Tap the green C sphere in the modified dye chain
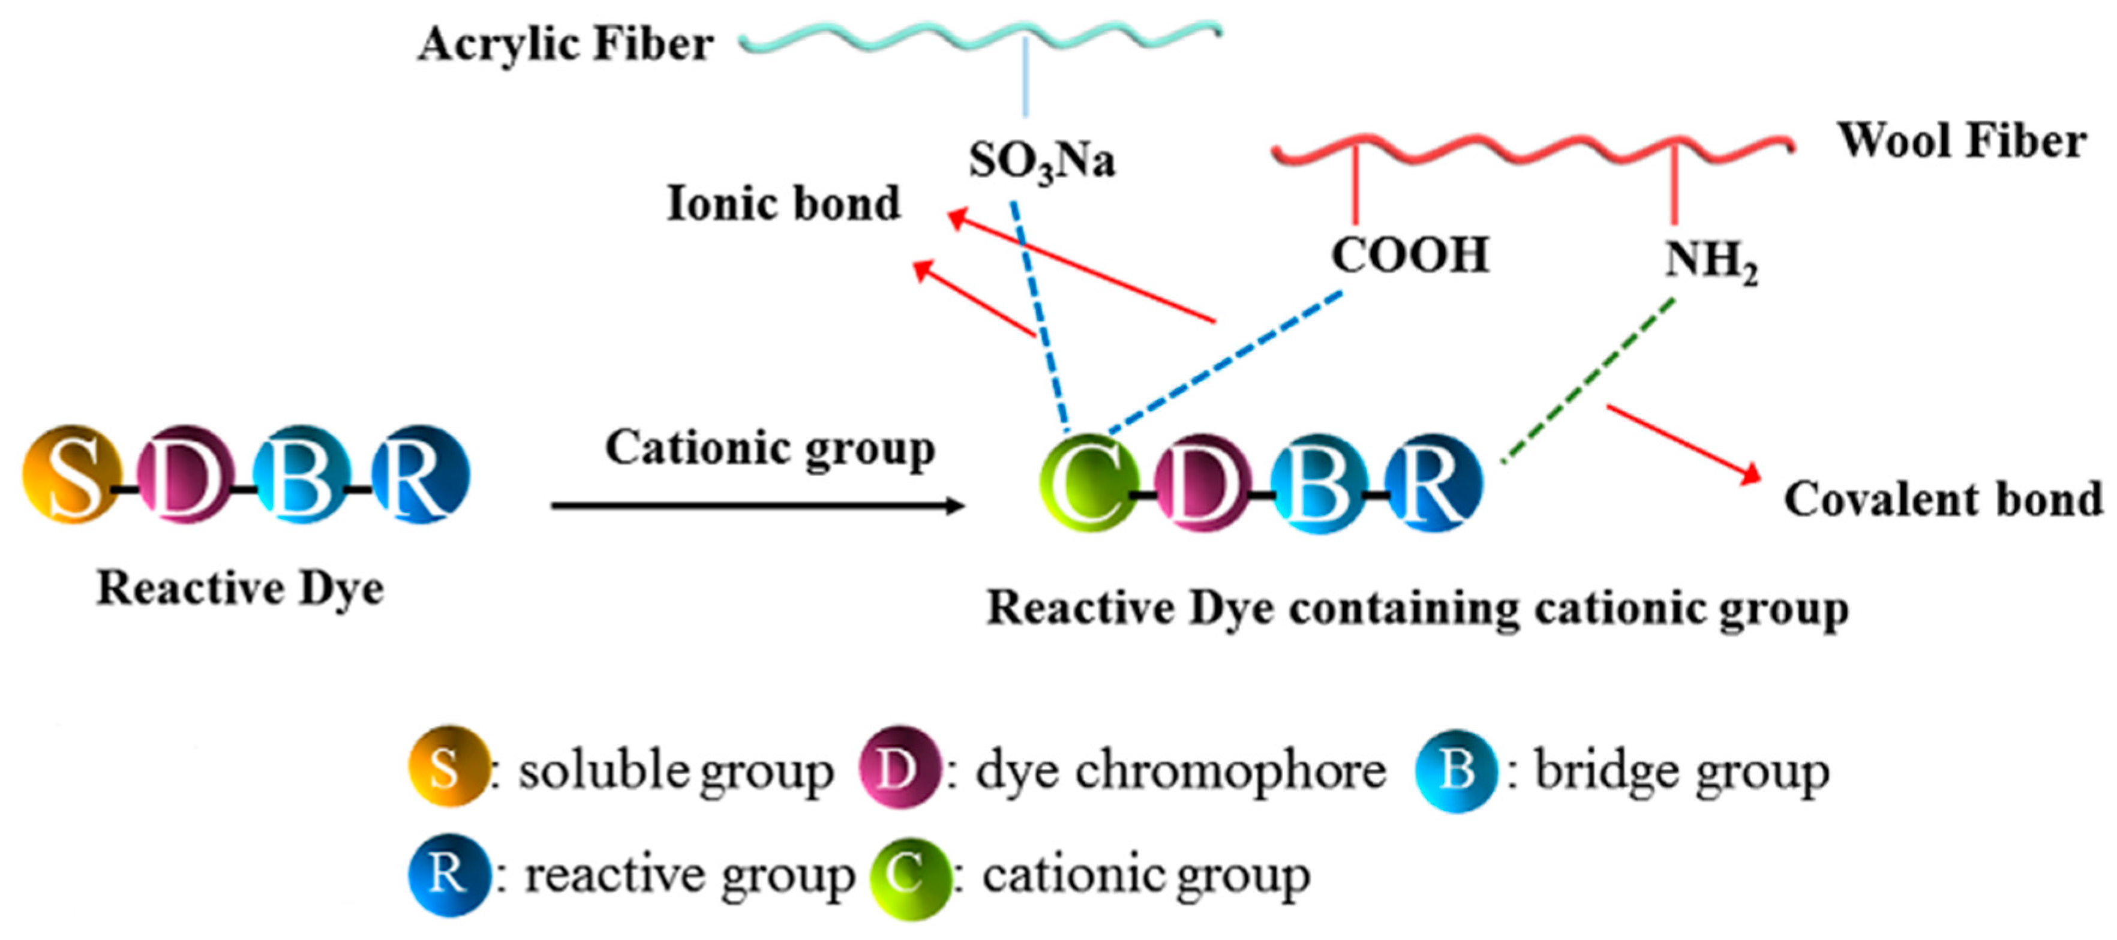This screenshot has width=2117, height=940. (1089, 483)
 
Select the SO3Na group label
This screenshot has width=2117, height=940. (1041, 161)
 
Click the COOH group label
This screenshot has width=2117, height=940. (1410, 255)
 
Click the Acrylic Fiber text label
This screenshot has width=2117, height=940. (566, 44)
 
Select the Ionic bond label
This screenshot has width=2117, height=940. (783, 204)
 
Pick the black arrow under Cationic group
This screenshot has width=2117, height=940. (756, 505)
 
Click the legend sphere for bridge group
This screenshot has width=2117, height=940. (1455, 769)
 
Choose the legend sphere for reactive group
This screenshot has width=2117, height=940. (449, 874)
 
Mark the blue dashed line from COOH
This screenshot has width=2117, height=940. (1224, 362)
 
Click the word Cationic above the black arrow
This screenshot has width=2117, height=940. (698, 449)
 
